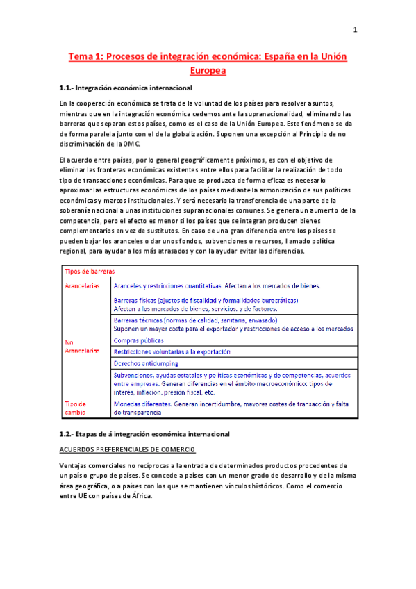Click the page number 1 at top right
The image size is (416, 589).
(355, 30)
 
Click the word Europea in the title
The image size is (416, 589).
(208, 70)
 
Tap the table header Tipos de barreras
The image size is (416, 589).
(90, 272)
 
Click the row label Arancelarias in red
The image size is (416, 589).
(81, 285)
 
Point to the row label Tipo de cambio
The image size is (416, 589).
(75, 408)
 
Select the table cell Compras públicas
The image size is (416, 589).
(138, 340)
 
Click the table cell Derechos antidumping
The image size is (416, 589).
(145, 363)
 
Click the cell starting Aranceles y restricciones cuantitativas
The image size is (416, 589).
(217, 285)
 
